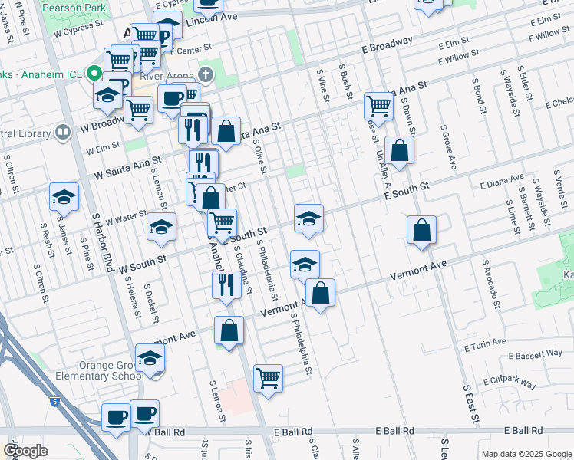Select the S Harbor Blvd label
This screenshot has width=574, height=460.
(x=97, y=244)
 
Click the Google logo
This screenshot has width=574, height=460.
(x=25, y=450)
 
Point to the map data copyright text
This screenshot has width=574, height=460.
(x=526, y=454)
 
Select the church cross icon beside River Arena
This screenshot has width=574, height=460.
(x=204, y=74)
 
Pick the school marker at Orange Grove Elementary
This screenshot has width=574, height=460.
(x=150, y=359)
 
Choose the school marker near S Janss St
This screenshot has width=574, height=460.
(x=64, y=198)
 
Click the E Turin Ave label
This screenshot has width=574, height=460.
(x=485, y=344)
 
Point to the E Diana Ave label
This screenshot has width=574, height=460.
(x=501, y=184)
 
